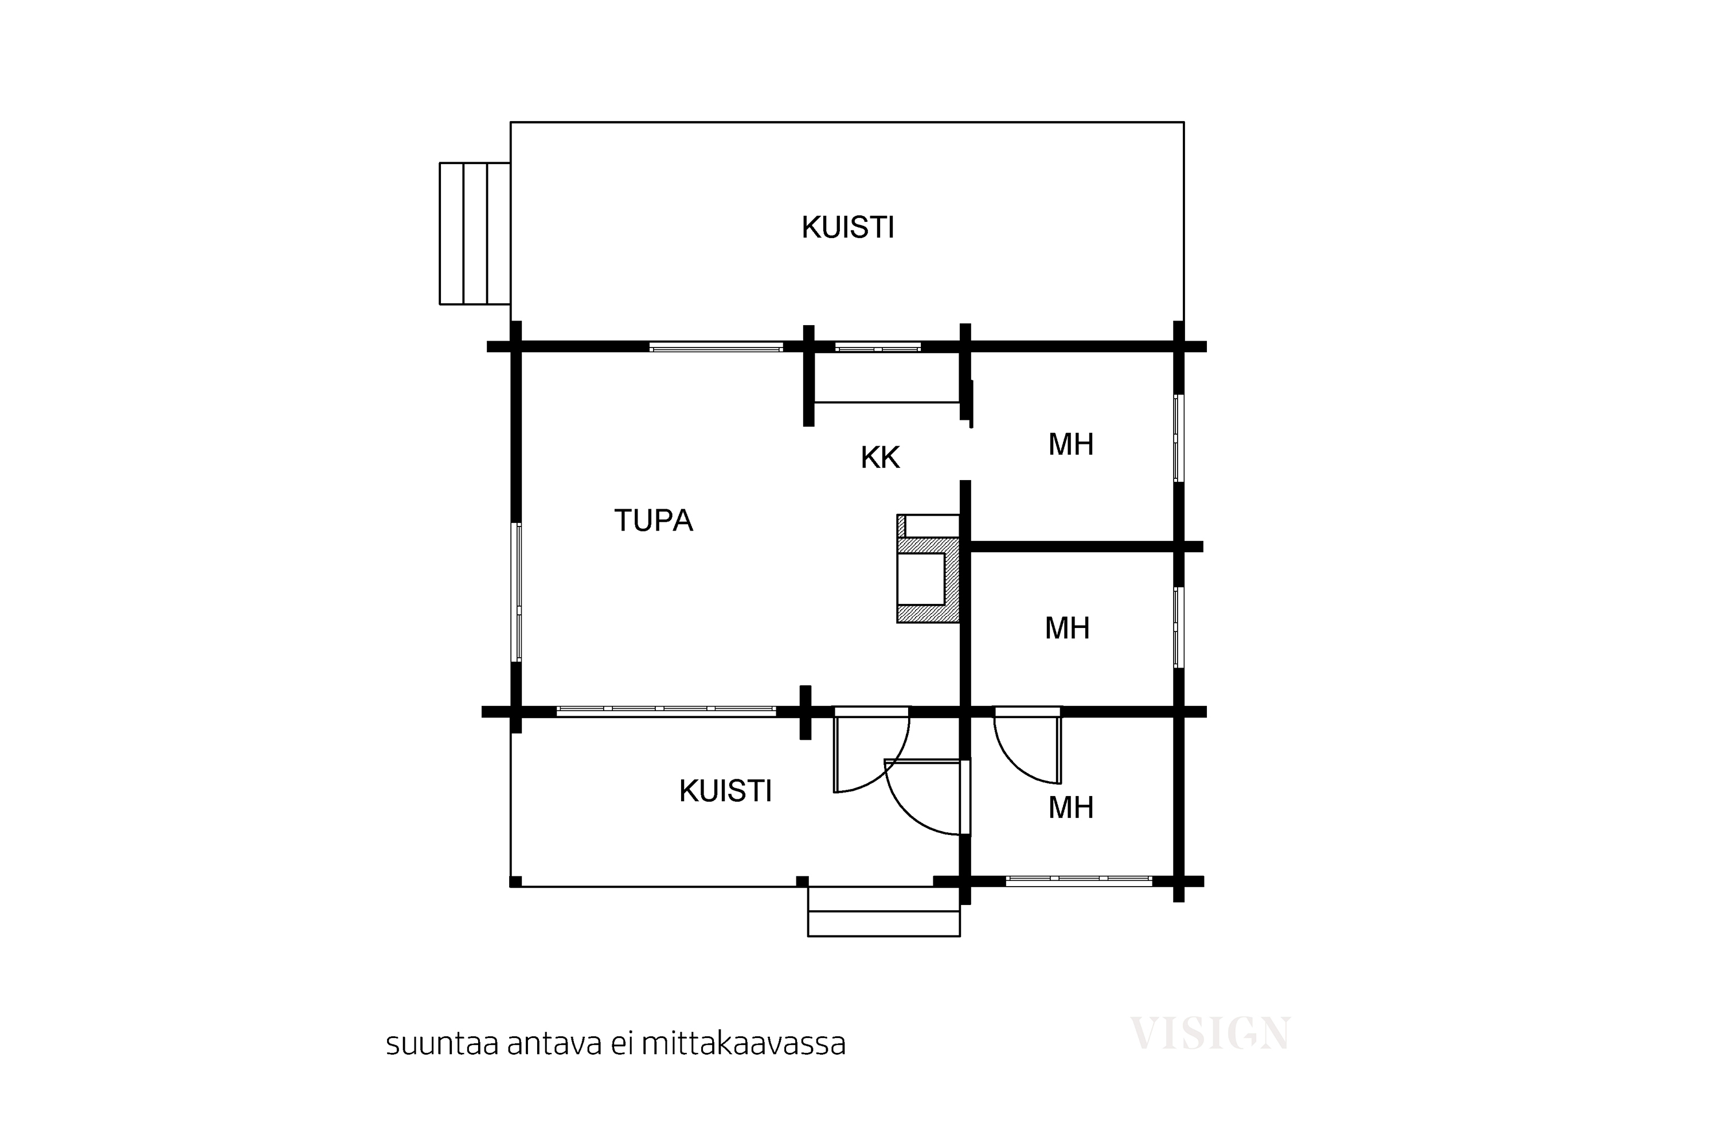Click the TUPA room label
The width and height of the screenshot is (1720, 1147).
pyautogui.click(x=653, y=521)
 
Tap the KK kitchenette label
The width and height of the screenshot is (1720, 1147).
pyautogui.click(x=879, y=458)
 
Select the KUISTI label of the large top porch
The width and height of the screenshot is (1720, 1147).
pyautogui.click(x=847, y=228)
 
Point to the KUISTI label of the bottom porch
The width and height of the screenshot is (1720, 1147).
pyautogui.click(x=725, y=791)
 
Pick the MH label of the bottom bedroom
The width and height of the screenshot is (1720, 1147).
pyautogui.click(x=1070, y=807)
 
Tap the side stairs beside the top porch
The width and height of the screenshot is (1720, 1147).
pyautogui.click(x=475, y=233)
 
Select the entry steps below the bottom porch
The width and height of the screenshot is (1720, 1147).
pyautogui.click(x=884, y=911)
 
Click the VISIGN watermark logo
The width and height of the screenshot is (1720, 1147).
pyautogui.click(x=1210, y=1033)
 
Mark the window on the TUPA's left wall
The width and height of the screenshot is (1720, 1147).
pyautogui.click(x=517, y=592)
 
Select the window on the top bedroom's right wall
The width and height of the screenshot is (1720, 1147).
pyautogui.click(x=1178, y=438)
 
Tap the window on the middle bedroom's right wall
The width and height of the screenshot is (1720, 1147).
pyautogui.click(x=1178, y=627)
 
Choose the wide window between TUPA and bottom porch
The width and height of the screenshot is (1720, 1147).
pyautogui.click(x=666, y=711)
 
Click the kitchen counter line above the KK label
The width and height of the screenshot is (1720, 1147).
pyautogui.click(x=886, y=403)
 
